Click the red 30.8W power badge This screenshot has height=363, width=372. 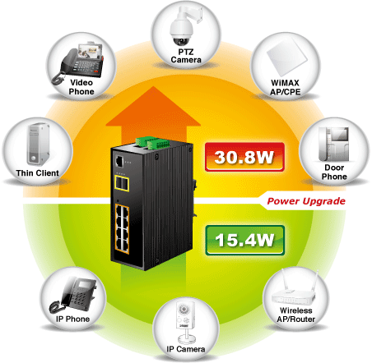click(244, 157)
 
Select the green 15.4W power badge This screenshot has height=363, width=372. click(244, 240)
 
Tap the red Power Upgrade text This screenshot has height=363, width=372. click(306, 201)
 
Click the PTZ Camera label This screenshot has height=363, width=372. click(186, 56)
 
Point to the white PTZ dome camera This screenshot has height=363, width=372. click(181, 27)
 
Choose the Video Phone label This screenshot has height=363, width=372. click(81, 87)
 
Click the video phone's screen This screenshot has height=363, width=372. click(90, 51)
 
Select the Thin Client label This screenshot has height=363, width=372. click(38, 173)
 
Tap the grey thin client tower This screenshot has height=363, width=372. click(38, 144)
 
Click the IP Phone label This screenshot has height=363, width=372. click(73, 319)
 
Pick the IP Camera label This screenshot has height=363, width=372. click(186, 349)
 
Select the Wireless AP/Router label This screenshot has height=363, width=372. click(296, 315)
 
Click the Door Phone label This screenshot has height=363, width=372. click(334, 172)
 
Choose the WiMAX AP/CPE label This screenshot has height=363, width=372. click(286, 87)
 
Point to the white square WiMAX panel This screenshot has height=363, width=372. click(286, 56)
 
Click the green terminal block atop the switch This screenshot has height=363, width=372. click(151, 143)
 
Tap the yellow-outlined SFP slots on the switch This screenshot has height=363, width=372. click(122, 183)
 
